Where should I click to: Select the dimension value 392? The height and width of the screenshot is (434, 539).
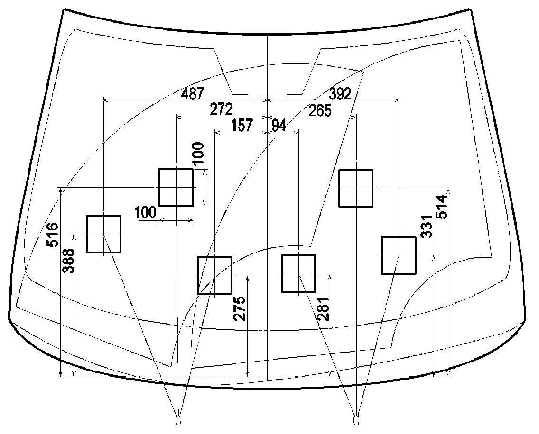(x=340, y=94)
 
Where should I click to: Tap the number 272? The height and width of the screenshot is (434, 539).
(x=221, y=109)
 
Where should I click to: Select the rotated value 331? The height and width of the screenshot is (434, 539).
(x=427, y=226)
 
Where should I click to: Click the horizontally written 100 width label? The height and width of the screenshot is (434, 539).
(x=146, y=213)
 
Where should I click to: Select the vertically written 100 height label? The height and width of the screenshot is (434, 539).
(x=199, y=154)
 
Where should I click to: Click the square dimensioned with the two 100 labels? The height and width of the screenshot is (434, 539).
(x=176, y=187)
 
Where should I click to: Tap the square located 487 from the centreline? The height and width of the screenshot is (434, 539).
(x=103, y=234)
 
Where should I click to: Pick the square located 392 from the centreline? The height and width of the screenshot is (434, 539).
(x=399, y=255)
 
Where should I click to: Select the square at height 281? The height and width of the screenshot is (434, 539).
(x=298, y=274)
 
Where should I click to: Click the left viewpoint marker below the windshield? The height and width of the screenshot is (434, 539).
(x=178, y=420)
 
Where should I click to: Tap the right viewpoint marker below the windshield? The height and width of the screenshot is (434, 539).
(x=356, y=420)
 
